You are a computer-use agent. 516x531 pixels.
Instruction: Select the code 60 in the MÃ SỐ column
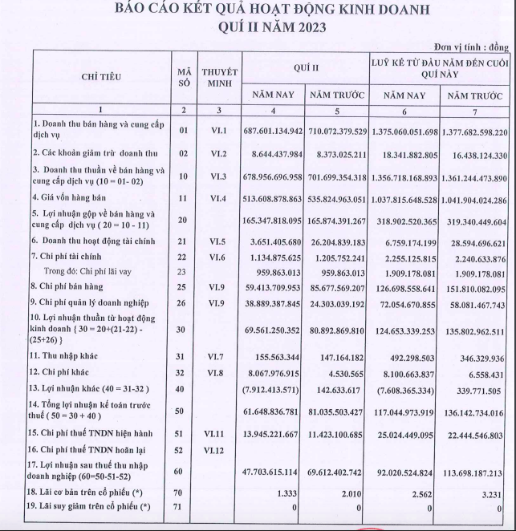point(183,473)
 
